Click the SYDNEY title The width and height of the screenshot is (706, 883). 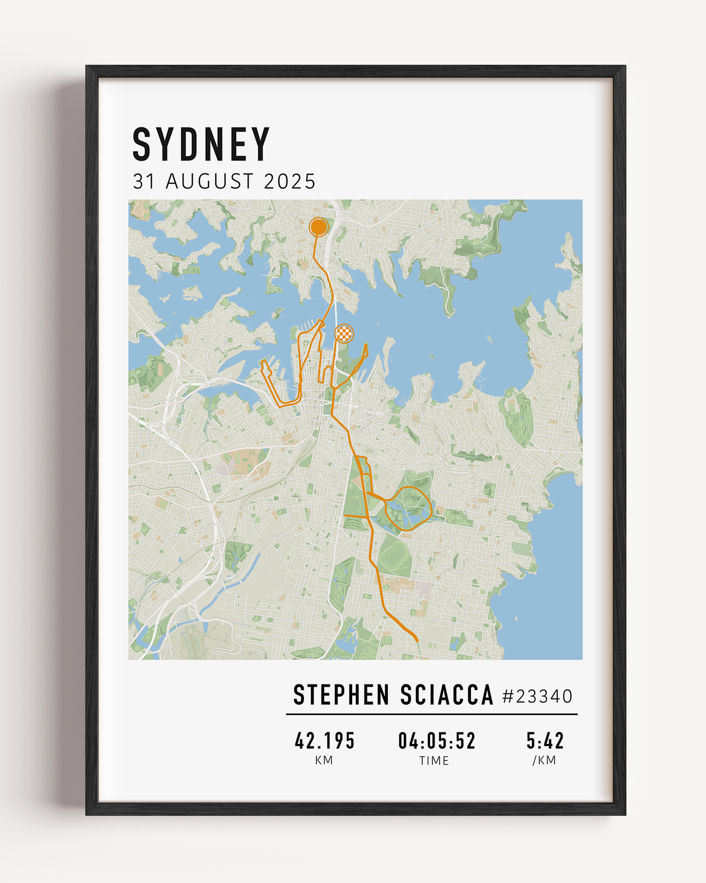(x=201, y=144)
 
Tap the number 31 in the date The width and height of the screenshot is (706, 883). (x=143, y=181)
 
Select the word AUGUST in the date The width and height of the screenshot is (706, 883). (x=210, y=181)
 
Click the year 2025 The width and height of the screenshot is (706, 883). (x=289, y=181)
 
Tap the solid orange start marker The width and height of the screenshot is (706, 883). (x=319, y=227)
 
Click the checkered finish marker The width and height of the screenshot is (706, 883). (x=344, y=333)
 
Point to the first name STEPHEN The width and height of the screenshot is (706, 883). (x=341, y=695)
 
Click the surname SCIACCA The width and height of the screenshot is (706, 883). (x=447, y=695)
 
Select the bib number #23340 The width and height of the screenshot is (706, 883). (x=537, y=697)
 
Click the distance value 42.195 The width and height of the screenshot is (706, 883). (x=325, y=741)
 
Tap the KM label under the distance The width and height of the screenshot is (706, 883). (x=324, y=760)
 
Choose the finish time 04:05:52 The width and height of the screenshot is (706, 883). (x=437, y=741)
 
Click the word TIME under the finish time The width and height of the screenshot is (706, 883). (x=434, y=761)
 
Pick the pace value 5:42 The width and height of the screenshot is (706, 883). (x=545, y=741)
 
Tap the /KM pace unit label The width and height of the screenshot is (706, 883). (x=544, y=760)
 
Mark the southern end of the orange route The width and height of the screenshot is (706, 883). (x=417, y=640)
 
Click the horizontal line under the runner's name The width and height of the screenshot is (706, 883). (x=432, y=714)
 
